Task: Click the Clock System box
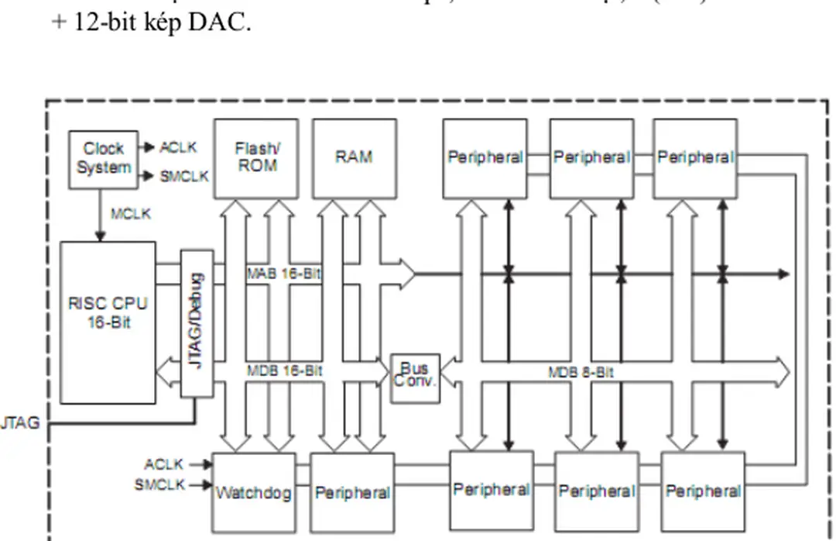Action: coord(103,159)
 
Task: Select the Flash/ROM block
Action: coord(255,157)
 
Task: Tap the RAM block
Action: coord(354,157)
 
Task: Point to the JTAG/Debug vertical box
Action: coord(197,322)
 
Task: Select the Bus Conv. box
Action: coord(414,377)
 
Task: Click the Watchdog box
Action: coord(253,492)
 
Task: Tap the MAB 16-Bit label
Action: coord(284,274)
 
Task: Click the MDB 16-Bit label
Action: coord(284,370)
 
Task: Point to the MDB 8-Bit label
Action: coord(581,373)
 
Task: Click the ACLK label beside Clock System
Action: coord(178,147)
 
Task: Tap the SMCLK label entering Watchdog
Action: coord(159,485)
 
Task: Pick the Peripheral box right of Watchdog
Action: coord(352,492)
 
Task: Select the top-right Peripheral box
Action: coord(695,157)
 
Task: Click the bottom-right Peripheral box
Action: coord(703,491)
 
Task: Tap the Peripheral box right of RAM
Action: coord(485,157)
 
